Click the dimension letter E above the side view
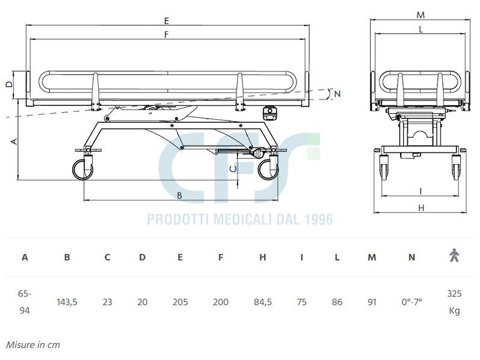click(167, 20)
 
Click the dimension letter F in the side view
click(167, 34)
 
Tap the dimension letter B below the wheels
click(179, 195)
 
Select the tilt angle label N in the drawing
click(337, 93)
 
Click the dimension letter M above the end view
click(421, 14)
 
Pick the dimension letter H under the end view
click(421, 208)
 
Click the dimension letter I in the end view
click(420, 191)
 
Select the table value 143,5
click(67, 302)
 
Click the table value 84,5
click(263, 302)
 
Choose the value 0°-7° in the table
click(411, 302)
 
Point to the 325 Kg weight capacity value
click(454, 302)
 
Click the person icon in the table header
click(454, 256)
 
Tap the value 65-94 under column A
click(25, 302)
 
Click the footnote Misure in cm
click(33, 345)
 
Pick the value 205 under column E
click(180, 302)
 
